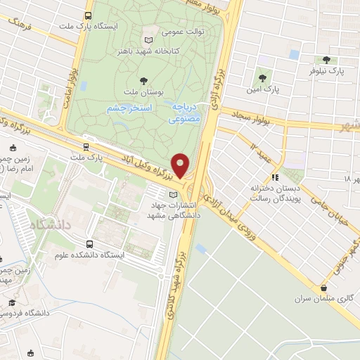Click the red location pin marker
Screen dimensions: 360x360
pos(181,165)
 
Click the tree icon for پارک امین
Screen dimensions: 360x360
pos(262,77)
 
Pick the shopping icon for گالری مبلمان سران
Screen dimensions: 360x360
pos(323,288)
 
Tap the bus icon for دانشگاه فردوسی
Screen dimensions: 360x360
pos(10,302)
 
